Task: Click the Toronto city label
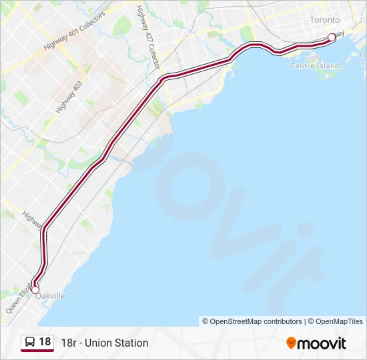tap(324, 20)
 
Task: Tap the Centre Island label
tap(314, 66)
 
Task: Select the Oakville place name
tap(51, 295)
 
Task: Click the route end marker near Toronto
tap(332, 37)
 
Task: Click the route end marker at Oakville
tap(35, 289)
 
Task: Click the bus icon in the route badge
tap(31, 342)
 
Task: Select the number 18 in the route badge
tap(45, 342)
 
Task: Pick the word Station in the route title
tap(133, 343)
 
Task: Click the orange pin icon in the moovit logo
tap(291, 343)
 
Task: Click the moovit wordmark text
tap(322, 343)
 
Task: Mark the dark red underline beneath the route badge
tap(37, 351)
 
